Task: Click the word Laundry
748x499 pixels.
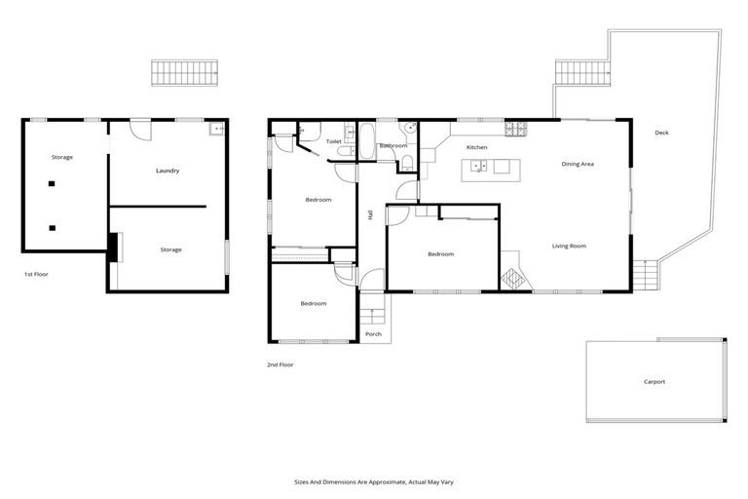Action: click(x=168, y=171)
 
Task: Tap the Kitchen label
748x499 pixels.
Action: click(x=476, y=147)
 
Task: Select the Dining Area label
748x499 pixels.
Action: click(x=578, y=164)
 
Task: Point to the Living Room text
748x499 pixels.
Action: click(x=569, y=246)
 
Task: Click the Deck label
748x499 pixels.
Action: click(x=661, y=133)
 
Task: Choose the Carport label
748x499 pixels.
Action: click(x=654, y=381)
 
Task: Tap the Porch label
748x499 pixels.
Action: click(x=373, y=334)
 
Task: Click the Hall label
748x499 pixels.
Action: click(x=371, y=214)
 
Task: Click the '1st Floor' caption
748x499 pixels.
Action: click(x=36, y=274)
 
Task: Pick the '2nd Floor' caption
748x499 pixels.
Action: click(x=280, y=365)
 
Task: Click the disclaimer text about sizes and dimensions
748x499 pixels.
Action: click(x=374, y=481)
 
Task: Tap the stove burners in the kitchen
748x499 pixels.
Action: click(x=515, y=128)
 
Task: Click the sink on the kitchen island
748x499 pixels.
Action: click(x=477, y=166)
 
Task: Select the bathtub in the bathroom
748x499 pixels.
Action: click(x=367, y=140)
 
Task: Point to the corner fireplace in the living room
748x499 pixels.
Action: click(x=512, y=278)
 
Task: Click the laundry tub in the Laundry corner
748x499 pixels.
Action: click(x=215, y=130)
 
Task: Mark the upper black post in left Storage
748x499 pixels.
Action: click(x=52, y=183)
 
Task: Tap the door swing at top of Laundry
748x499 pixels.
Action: click(x=141, y=129)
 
